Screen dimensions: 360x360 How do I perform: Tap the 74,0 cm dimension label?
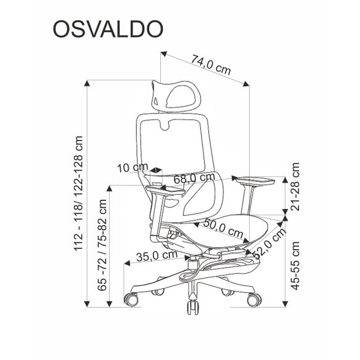(x=210, y=63)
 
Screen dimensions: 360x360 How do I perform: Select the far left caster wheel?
(x=131, y=300)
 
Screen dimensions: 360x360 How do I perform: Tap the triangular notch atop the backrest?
(x=168, y=125)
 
